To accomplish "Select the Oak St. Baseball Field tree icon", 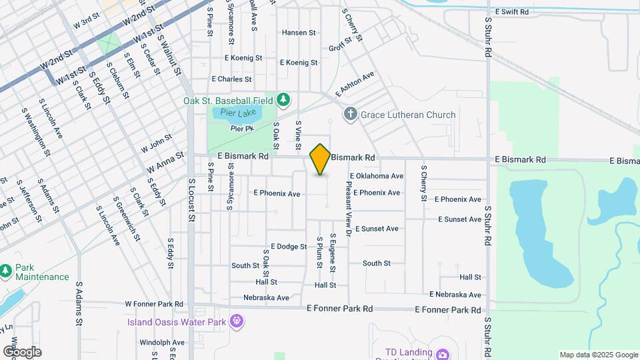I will (x=283, y=100).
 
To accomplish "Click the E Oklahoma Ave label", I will (x=376, y=176).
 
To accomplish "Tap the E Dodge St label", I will (x=288, y=247).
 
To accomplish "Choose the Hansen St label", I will (x=298, y=33).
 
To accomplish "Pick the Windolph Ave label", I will (x=161, y=343).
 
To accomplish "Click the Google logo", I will (x=22, y=351).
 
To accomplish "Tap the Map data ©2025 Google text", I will (x=597, y=355).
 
